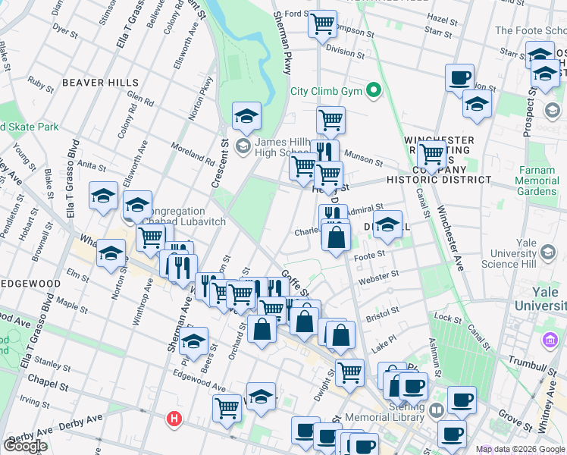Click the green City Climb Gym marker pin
pyautogui.click(x=372, y=91)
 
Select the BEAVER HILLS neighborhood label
pyautogui.click(x=101, y=82)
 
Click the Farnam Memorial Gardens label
pyautogui.click(x=537, y=181)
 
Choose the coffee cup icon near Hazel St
pyautogui.click(x=459, y=77)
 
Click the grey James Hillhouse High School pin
pyautogui.click(x=243, y=145)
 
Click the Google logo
pyautogui.click(x=25, y=445)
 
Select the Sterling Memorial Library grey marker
pyautogui.click(x=437, y=410)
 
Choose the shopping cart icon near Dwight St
pyautogui.click(x=349, y=372)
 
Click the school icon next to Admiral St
pyautogui.click(x=387, y=224)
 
